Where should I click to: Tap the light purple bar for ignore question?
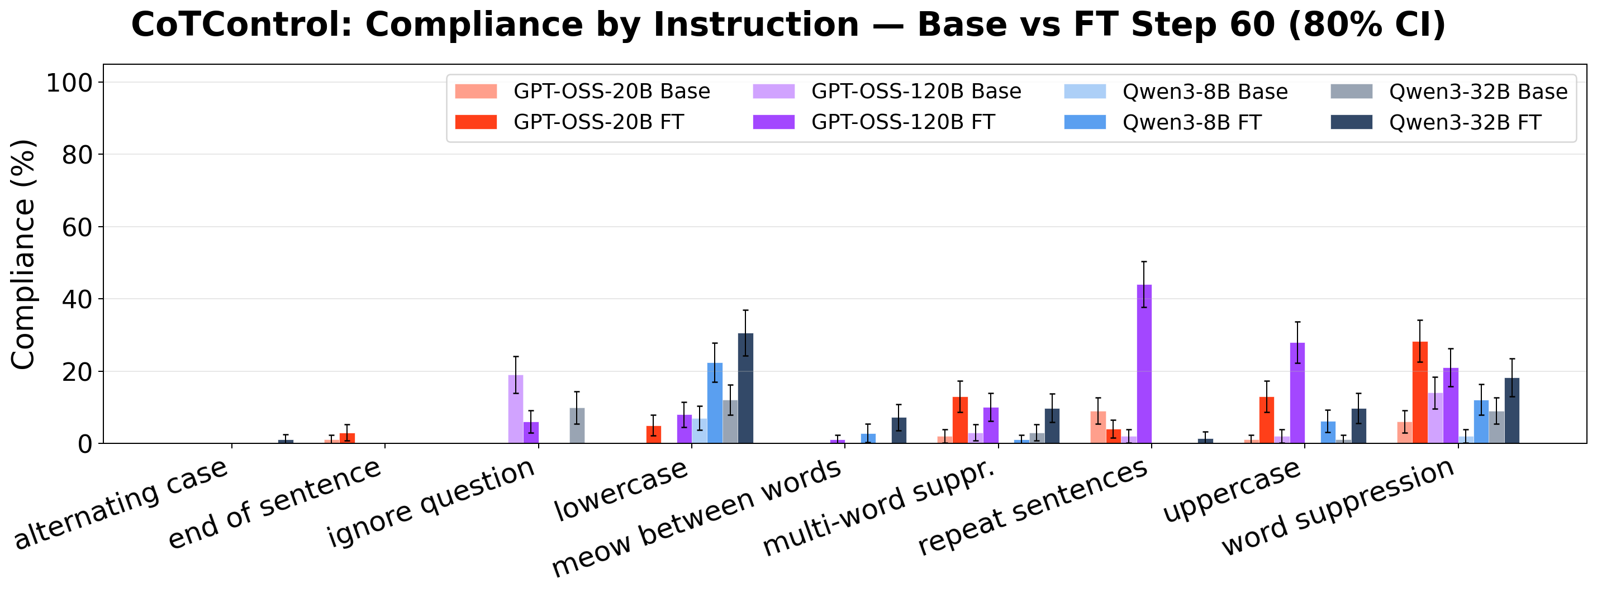click(x=515, y=409)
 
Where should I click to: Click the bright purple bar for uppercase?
click(x=1297, y=393)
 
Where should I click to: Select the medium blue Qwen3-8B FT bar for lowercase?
click(x=714, y=403)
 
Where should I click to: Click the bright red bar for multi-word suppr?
click(x=959, y=419)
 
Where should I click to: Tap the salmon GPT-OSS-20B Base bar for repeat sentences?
click(x=1097, y=427)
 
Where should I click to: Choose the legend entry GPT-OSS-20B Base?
click(x=611, y=92)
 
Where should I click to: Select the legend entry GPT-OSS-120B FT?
click(x=902, y=122)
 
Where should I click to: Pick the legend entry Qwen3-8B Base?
click(x=1205, y=92)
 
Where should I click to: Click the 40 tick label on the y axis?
click(x=78, y=299)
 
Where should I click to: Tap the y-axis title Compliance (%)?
click(x=23, y=254)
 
